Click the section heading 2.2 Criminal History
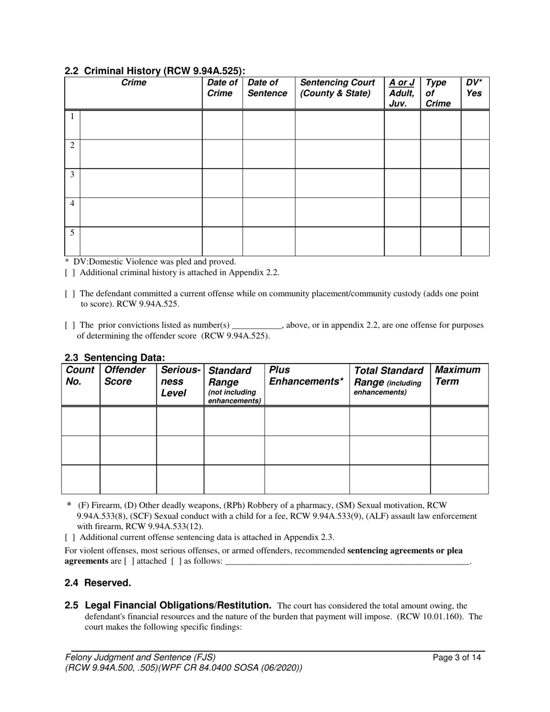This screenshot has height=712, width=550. coord(155,71)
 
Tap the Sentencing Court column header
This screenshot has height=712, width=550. coord(338,88)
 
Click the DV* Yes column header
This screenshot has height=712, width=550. coord(474,88)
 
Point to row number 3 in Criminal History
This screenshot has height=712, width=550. coord(72,174)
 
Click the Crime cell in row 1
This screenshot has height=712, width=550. coord(141,124)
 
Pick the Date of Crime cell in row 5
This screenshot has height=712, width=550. coord(222,241)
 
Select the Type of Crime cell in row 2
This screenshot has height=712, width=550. coord(440,154)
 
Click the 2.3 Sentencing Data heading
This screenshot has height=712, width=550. coord(115,358)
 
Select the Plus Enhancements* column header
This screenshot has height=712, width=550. coord(306,376)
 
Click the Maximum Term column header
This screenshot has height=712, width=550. coord(457,376)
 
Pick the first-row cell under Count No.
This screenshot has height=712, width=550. coord(80,421)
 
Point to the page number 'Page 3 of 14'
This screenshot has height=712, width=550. coord(457,657)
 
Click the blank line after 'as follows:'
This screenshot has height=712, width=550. coord(346,561)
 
